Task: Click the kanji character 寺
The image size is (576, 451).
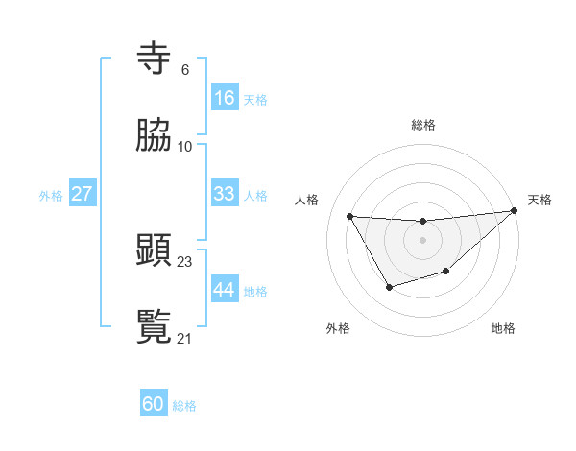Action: click(x=155, y=59)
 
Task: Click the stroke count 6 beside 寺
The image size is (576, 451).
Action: click(x=184, y=70)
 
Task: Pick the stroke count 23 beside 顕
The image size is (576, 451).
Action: click(x=185, y=261)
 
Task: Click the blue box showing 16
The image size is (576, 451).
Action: click(x=224, y=98)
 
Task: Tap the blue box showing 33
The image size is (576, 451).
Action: click(x=224, y=194)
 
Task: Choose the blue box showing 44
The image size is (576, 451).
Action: click(x=224, y=289)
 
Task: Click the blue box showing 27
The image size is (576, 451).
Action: click(x=82, y=194)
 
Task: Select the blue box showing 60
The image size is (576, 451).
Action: click(x=154, y=404)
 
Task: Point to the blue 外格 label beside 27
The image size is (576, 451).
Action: click(x=51, y=196)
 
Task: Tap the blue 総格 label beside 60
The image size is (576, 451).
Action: click(x=184, y=406)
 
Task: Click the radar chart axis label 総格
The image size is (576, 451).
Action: click(x=423, y=125)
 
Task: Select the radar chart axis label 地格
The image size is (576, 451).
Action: click(x=503, y=328)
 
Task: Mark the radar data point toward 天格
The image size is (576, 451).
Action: click(x=514, y=211)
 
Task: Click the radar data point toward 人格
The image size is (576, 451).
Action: click(x=349, y=216)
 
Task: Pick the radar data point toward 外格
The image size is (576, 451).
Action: click(x=389, y=287)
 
